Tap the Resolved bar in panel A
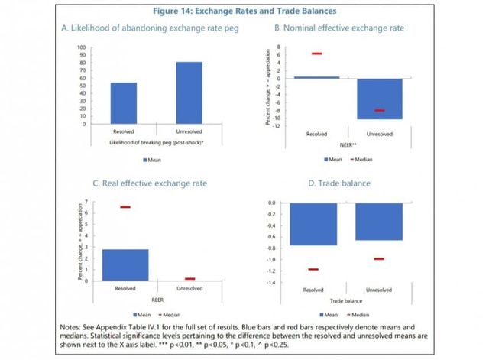point(124,102)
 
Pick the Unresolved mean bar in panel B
point(379,99)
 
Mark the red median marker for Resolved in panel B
point(317,54)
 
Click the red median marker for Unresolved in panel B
point(379,111)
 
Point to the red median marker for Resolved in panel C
point(125,207)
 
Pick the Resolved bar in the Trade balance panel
point(313,224)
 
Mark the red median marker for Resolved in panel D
point(313,270)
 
